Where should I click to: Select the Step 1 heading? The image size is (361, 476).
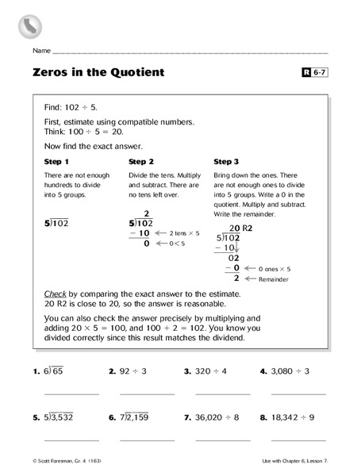[56, 162]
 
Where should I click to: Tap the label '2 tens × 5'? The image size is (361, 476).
[186, 233]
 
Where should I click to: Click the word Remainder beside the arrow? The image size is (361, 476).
[272, 279]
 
